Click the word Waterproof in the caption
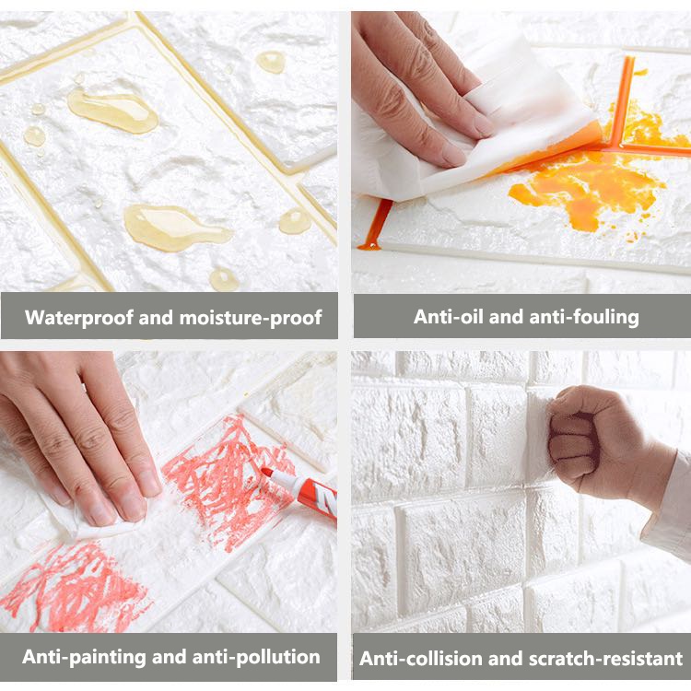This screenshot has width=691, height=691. [x=79, y=318]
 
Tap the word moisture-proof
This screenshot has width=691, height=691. [x=251, y=318]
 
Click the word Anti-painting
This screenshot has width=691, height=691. [x=84, y=657]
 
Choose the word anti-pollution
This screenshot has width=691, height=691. [x=256, y=657]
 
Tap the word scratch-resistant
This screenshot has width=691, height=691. [x=605, y=659]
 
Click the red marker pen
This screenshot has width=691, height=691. [x=300, y=490]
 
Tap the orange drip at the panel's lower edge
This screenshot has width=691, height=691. [x=376, y=225]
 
